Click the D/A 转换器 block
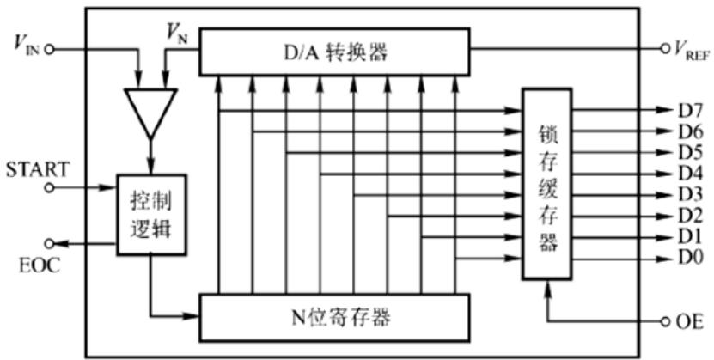[x=335, y=51]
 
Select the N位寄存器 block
[x=335, y=317]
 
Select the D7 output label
[x=690, y=111]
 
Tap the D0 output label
[x=690, y=257]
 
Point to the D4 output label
[x=690, y=174]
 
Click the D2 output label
[x=690, y=215]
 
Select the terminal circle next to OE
[x=665, y=322]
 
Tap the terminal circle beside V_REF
[x=664, y=49]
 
